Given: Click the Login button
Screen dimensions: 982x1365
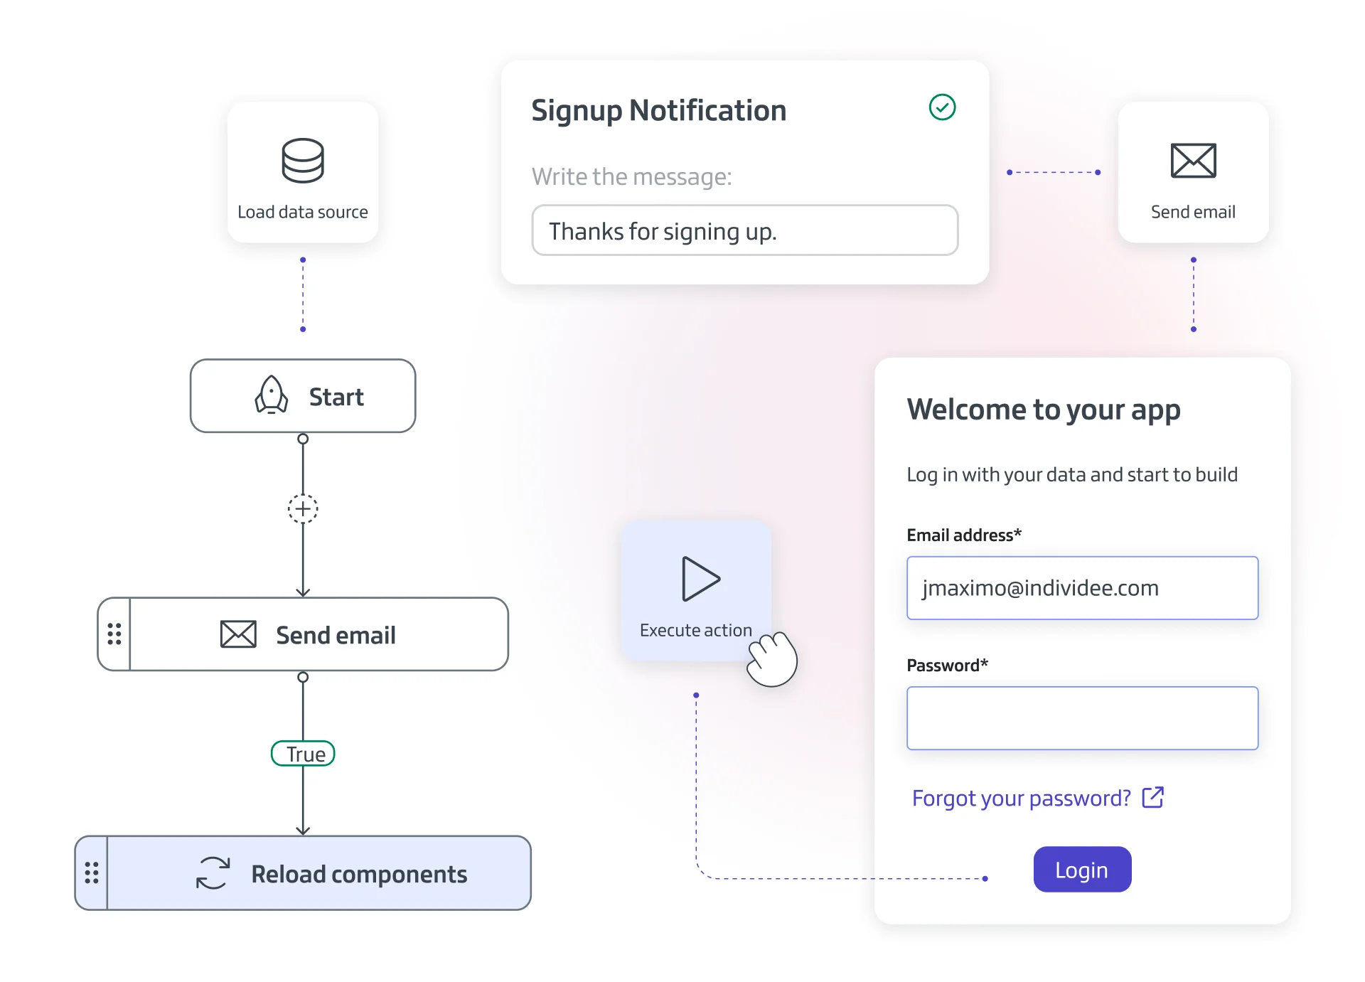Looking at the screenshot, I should [1082, 869].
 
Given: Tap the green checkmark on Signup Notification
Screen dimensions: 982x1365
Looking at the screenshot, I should [942, 107].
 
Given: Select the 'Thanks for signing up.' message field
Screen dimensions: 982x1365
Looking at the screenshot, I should [744, 230].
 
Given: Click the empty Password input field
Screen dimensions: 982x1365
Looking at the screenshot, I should [1082, 718].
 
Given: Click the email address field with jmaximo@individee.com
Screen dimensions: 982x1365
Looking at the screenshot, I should [1082, 588].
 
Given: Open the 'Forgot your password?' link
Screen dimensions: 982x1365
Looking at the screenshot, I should [1021, 798].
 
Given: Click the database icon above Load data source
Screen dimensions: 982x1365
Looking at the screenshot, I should [303, 161].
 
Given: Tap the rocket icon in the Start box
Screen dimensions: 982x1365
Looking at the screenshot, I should [272, 395].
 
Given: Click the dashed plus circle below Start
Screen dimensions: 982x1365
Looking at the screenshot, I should [303, 509].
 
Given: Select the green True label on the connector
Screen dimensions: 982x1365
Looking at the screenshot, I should [304, 754].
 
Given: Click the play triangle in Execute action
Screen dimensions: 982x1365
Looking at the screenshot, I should [700, 579].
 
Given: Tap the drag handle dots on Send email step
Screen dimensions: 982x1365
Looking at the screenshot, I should [114, 634].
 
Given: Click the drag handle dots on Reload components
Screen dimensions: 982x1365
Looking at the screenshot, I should [92, 872].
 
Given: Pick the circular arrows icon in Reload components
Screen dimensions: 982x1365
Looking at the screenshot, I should [213, 873].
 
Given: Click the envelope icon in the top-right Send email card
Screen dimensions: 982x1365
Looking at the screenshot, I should [1193, 161].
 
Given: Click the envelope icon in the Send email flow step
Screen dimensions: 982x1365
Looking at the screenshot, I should [238, 634].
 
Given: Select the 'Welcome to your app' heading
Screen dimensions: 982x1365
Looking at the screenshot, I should [1043, 410].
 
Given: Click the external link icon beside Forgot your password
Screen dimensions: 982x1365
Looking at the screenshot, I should [1152, 798].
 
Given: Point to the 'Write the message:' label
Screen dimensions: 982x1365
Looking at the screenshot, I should [631, 176].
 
